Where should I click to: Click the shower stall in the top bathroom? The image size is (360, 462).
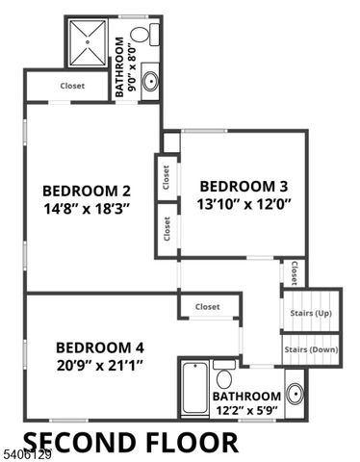(x=88, y=42)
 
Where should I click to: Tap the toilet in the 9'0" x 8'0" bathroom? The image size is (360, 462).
(x=141, y=37)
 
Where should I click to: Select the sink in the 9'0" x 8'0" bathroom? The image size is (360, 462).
(x=151, y=81)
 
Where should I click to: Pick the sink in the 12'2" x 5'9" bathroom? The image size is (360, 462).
(x=294, y=394)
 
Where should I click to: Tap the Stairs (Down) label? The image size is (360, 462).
(x=311, y=349)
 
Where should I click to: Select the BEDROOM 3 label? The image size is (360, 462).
(x=244, y=186)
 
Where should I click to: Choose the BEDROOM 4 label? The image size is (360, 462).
(x=99, y=346)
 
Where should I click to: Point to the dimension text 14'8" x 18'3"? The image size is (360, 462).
(x=87, y=207)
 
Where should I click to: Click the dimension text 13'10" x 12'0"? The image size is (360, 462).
(x=244, y=203)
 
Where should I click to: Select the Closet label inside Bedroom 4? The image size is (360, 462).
(x=207, y=307)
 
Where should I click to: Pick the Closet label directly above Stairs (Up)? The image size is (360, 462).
(x=294, y=273)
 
